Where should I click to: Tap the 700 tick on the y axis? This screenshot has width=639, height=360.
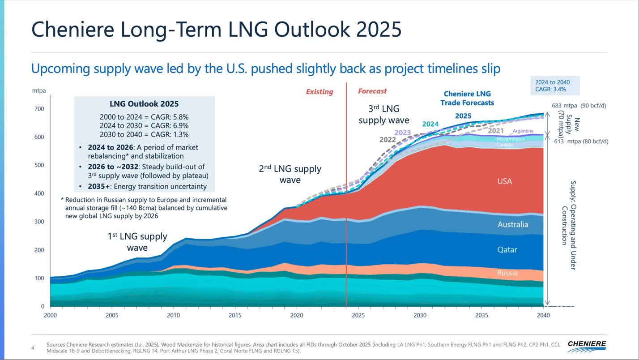pos(40,109)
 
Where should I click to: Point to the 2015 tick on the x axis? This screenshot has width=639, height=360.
pos(235,315)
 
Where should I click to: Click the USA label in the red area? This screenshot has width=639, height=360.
pos(504,181)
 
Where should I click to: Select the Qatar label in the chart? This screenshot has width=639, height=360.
pos(507,250)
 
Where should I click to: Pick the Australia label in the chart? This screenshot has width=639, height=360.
pos(513,224)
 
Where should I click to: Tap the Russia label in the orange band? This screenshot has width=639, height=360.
pos(507,273)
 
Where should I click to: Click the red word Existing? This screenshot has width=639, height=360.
pos(319,92)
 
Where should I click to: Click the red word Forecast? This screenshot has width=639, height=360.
pos(372,91)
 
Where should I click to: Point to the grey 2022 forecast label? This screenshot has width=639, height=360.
pos(388,139)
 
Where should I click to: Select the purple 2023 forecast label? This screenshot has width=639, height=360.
pos(402,132)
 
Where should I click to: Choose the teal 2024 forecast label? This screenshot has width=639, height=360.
pos(430,124)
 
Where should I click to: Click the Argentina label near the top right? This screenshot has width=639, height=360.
pos(523,131)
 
